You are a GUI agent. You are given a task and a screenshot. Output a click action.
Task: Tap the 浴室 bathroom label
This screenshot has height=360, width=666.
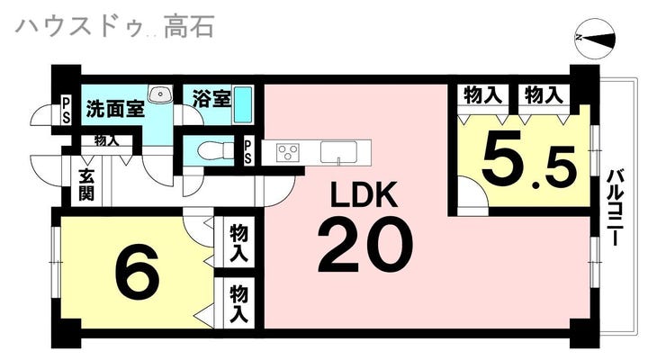coord(211,98)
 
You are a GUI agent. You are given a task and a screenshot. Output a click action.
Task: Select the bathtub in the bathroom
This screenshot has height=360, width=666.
coord(242,105)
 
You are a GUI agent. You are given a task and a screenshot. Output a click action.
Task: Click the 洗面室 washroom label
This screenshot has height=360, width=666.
coord(115,109)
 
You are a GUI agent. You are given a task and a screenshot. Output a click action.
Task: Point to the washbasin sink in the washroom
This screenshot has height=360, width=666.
coord(159,94)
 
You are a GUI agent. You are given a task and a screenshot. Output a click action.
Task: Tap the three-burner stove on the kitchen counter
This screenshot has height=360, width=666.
coord(288,152)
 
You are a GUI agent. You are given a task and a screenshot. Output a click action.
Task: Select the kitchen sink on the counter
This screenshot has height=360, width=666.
coord(338,151)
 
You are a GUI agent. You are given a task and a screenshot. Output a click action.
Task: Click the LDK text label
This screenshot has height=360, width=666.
coord(364,194)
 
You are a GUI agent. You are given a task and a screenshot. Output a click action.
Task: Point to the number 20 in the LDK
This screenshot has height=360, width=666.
coord(365,245)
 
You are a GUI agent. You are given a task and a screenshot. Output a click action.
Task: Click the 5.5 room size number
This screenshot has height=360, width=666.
coord(529,157)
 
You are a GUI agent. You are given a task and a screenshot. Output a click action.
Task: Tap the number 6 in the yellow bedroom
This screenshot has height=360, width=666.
coord(138,272)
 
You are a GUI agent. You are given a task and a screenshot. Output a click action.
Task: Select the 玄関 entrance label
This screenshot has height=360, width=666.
coord(86,185)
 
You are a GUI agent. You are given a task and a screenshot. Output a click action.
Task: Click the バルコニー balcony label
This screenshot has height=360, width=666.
coord(616,208)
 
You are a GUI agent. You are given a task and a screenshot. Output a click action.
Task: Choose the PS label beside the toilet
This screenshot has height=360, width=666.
coord(247,152)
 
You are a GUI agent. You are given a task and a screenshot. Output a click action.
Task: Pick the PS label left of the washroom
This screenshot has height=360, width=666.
coord(67,111)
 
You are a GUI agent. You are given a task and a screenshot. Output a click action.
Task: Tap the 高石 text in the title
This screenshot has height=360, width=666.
coord(189,26)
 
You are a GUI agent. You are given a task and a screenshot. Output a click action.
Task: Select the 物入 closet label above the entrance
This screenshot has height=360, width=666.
coord(106,140)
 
